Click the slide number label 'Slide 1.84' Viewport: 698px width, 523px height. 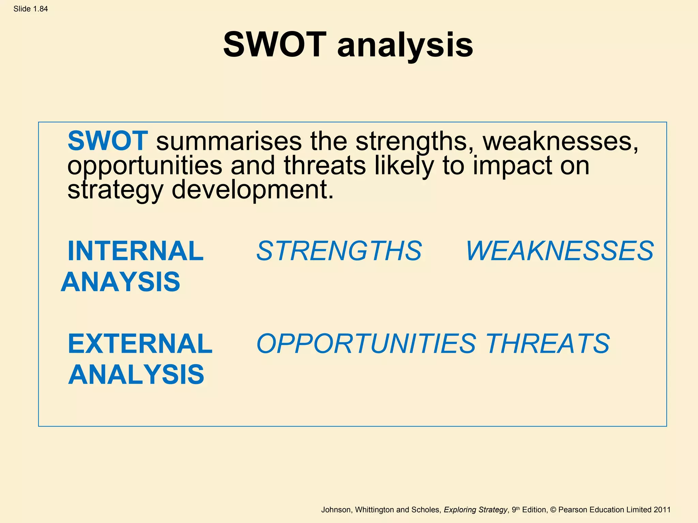point(31,9)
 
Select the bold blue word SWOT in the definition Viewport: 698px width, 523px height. point(108,141)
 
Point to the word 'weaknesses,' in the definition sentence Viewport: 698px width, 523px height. point(560,141)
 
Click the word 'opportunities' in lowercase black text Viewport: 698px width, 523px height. point(145,166)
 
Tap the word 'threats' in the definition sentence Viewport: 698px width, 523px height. point(324,165)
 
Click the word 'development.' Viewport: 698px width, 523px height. point(252,190)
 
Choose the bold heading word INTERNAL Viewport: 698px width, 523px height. point(136,251)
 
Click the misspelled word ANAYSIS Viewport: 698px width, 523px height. point(120,282)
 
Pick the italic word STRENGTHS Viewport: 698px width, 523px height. point(339,251)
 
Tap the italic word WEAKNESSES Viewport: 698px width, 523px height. point(559,251)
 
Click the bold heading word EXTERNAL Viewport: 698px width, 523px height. point(140,344)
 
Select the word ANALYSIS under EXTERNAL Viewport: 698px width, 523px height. point(136,375)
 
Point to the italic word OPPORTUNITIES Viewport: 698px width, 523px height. point(366,344)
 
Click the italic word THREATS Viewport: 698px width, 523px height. point(547,344)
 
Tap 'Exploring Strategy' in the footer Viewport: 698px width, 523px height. point(475,510)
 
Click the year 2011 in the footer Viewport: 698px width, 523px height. point(662,510)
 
